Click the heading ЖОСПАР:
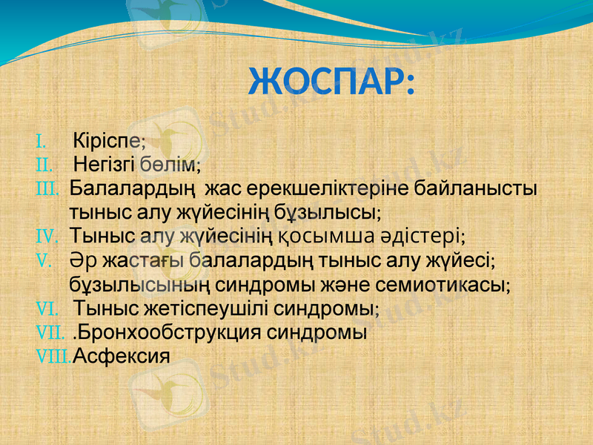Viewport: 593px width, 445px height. [x=331, y=81]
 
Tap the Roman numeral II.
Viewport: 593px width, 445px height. [x=44, y=162]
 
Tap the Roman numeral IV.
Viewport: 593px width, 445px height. [x=47, y=237]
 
